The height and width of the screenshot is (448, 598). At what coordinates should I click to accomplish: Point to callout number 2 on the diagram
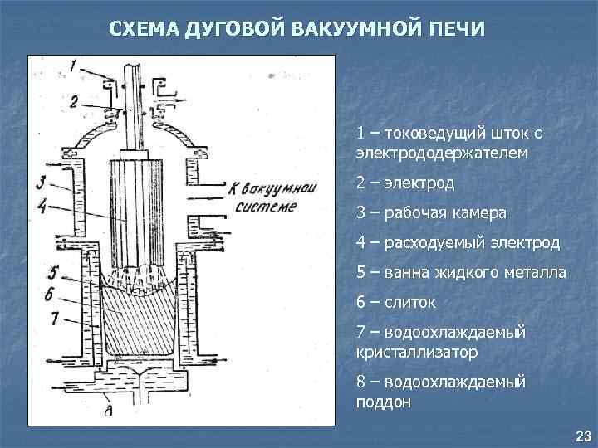(x=74, y=102)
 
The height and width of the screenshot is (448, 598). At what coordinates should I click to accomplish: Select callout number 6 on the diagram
(x=51, y=294)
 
